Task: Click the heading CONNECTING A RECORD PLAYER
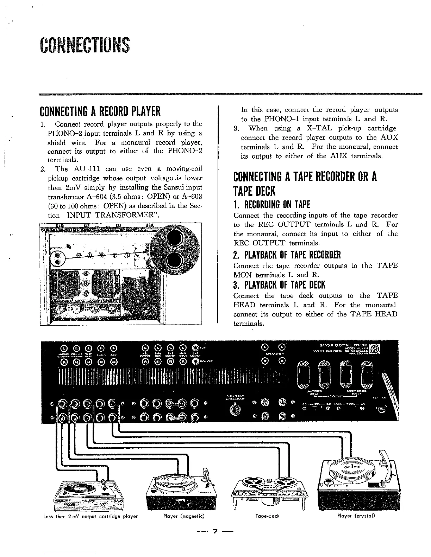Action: pos(100,111)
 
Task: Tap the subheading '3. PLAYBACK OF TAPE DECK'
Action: pos(279,284)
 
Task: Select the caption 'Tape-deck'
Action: pos(267,516)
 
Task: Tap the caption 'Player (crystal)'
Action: pos(356,516)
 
